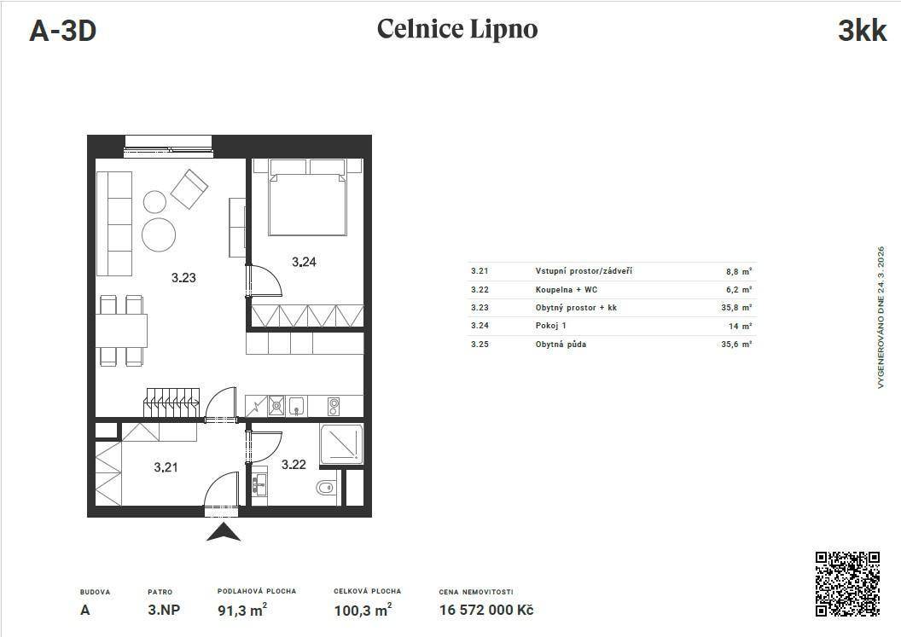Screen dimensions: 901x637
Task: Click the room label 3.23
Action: (x=183, y=278)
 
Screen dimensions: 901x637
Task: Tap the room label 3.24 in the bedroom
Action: (x=304, y=262)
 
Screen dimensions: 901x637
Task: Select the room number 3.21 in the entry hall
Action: (x=166, y=467)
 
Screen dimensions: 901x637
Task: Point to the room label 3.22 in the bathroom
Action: (x=294, y=464)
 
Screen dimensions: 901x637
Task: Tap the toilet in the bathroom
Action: (x=326, y=489)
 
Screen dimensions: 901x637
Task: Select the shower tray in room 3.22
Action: (x=342, y=444)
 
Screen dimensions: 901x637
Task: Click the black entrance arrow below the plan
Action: (x=224, y=532)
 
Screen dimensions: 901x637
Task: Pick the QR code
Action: (x=847, y=584)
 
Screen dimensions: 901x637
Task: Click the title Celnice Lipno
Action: (x=457, y=29)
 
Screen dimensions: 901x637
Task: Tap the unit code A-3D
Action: (x=62, y=31)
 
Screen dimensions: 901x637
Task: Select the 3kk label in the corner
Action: (x=863, y=31)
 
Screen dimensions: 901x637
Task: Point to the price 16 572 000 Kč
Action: (x=486, y=610)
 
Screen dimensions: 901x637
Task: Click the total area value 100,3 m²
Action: (x=363, y=610)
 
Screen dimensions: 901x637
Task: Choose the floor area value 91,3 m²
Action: (x=242, y=610)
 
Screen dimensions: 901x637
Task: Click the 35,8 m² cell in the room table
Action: (x=736, y=308)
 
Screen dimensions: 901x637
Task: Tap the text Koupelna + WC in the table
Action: (x=567, y=290)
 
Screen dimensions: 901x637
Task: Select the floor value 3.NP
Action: (x=164, y=610)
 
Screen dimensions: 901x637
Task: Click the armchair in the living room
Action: (x=189, y=189)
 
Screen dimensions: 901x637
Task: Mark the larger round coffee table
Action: (x=159, y=235)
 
